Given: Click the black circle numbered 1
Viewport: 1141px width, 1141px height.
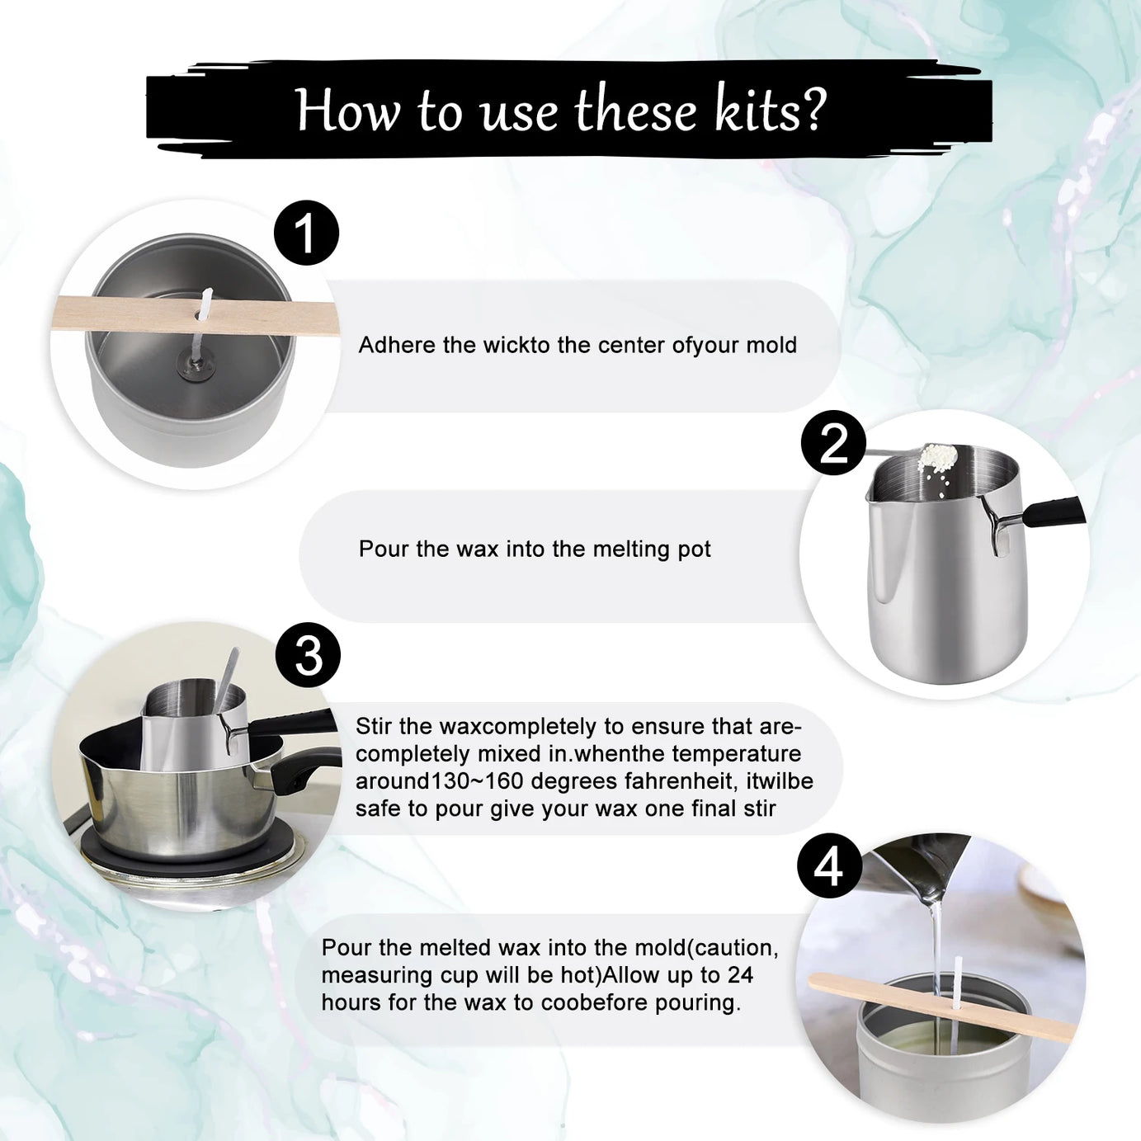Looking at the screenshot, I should click(x=306, y=233).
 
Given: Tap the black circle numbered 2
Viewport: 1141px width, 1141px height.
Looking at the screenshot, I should click(x=833, y=443).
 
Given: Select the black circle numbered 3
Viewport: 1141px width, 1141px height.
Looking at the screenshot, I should click(x=308, y=655).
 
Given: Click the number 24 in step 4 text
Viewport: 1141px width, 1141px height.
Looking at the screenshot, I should click(x=740, y=975).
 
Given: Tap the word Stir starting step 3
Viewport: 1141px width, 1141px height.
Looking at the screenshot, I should click(x=374, y=727).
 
